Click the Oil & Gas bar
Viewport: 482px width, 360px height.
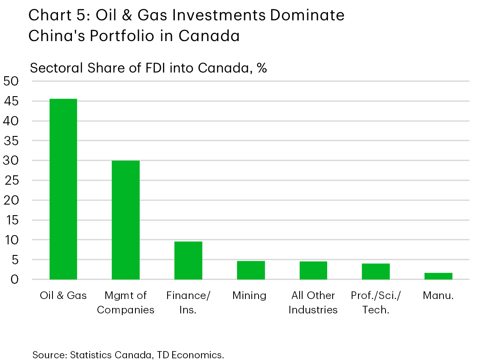pos(63,189)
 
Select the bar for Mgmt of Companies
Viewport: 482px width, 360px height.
pos(126,220)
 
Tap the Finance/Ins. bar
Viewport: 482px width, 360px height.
pos(188,260)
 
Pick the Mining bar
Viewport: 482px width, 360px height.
pos(251,270)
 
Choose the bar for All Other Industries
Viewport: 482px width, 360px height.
pos(313,270)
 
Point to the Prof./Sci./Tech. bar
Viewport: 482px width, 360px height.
pos(376,271)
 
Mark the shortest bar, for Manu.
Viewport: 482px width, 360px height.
pos(438,276)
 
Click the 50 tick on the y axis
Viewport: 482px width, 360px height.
pos(12,81)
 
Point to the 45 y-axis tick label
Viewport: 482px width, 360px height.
pos(12,101)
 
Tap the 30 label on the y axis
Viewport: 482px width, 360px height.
pos(12,161)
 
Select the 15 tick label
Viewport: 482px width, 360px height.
pos(12,220)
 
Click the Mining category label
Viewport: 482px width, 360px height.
pos(249,295)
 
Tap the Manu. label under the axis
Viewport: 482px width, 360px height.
pos(438,295)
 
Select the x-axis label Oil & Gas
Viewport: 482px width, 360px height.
pos(63,295)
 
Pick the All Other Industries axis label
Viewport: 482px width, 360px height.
pos(313,302)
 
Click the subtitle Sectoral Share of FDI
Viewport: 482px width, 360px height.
pos(148,68)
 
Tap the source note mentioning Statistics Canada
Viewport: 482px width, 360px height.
pos(128,354)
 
